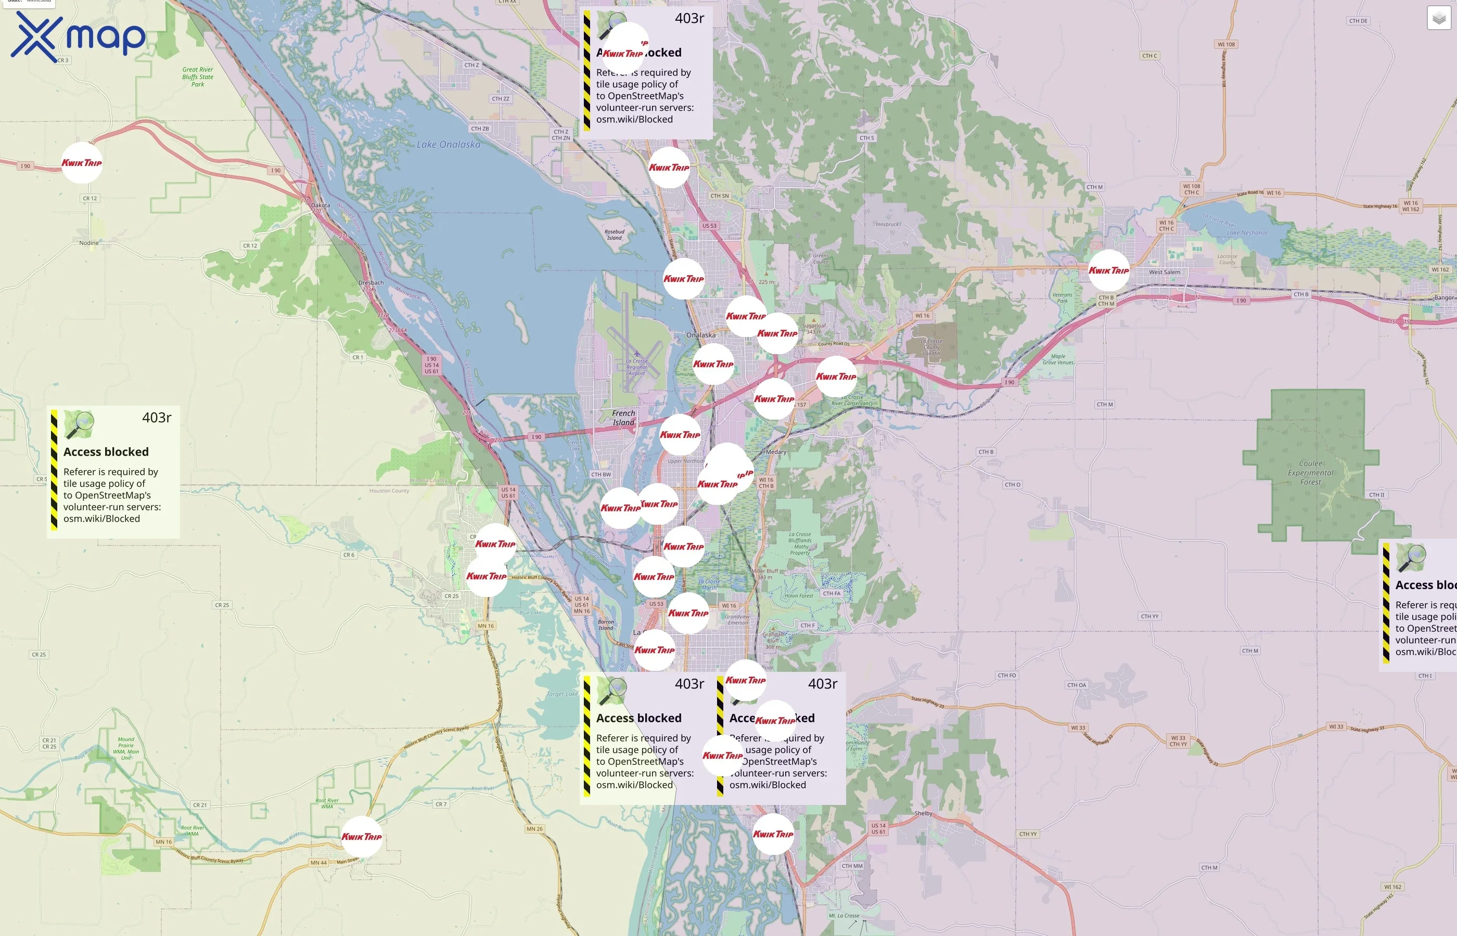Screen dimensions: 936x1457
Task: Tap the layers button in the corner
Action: [x=1439, y=18]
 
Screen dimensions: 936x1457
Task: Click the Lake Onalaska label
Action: [x=448, y=145]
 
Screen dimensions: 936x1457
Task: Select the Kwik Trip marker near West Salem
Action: [x=1108, y=270]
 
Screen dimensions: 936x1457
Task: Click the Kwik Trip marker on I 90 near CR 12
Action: [x=82, y=163]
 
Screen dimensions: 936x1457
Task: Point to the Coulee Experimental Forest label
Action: [x=1310, y=473]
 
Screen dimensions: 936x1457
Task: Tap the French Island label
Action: [x=623, y=418]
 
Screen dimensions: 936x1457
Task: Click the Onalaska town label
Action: [x=700, y=335]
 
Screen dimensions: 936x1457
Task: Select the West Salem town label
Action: [x=1164, y=272]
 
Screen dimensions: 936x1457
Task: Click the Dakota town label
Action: [x=321, y=205]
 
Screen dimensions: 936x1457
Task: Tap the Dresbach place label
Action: [x=371, y=283]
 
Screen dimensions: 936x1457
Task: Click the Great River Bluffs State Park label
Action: [x=198, y=77]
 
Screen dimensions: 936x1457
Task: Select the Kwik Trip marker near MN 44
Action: [x=361, y=836]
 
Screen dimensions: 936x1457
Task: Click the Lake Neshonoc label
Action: [x=1247, y=233]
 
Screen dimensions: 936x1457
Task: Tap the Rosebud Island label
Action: [x=614, y=235]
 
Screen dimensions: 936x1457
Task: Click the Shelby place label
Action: [x=923, y=813]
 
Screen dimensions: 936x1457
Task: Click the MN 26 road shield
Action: [x=534, y=829]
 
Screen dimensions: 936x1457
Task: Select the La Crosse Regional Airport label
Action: [x=637, y=367]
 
